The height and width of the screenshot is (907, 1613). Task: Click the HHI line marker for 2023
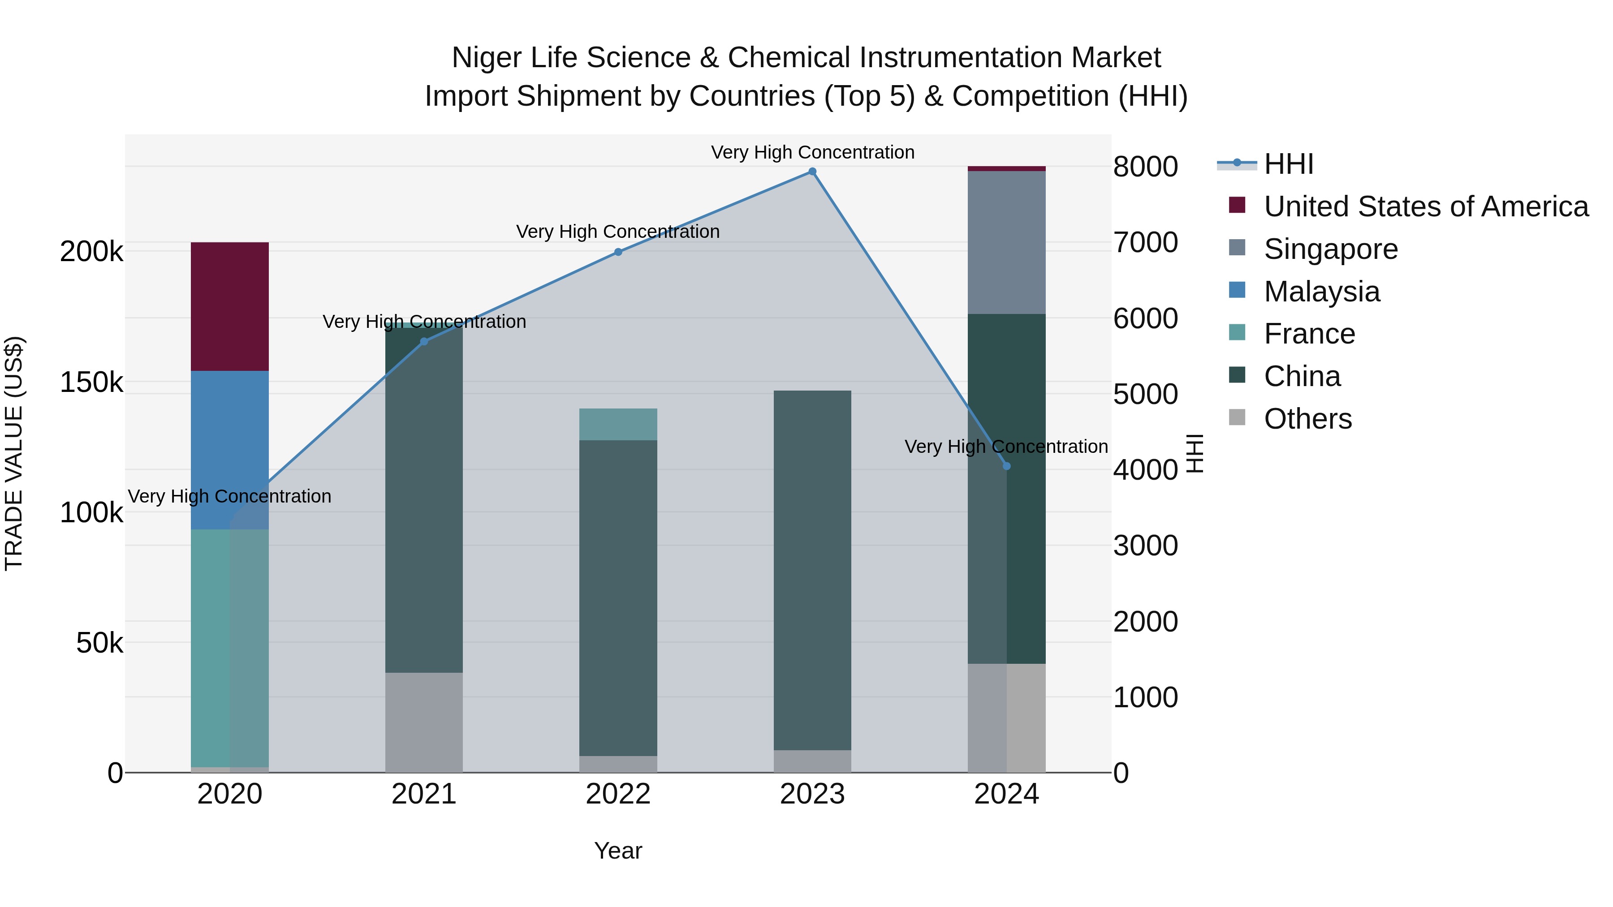[812, 172]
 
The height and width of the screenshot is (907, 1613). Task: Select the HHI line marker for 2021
[424, 342]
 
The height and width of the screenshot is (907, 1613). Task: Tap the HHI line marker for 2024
[1006, 466]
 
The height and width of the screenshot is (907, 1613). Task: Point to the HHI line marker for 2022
[618, 252]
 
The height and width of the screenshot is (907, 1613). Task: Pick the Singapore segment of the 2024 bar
[1006, 242]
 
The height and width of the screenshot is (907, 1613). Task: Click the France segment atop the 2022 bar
[618, 425]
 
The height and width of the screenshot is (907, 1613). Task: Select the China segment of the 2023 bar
[812, 570]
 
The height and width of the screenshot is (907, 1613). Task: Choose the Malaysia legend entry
[1321, 292]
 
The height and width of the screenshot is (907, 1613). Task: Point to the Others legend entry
[1307, 419]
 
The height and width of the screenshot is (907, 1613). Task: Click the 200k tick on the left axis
[91, 252]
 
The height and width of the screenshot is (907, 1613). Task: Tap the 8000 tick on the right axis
[1145, 167]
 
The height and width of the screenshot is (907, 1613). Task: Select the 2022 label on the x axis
[618, 794]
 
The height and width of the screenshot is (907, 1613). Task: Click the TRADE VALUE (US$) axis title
[14, 453]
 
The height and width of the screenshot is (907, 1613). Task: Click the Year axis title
[618, 851]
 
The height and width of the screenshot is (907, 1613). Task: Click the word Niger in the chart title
[487, 58]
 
